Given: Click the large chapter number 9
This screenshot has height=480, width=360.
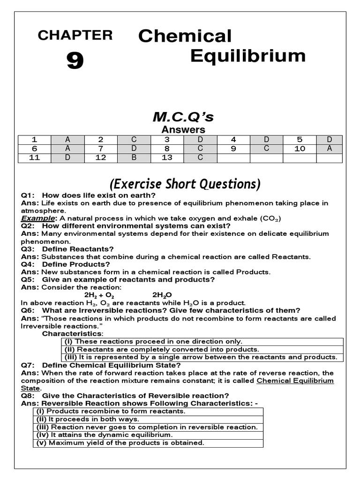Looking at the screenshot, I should click(75, 61).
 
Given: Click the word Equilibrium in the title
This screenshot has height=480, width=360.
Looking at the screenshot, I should click(247, 56).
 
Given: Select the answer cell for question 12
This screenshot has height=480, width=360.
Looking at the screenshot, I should click(134, 158).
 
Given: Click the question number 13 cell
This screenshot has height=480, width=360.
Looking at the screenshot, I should click(167, 158).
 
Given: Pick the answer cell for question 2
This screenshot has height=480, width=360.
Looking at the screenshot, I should click(134, 140).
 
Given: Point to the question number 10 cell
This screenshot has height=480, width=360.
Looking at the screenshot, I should click(300, 149).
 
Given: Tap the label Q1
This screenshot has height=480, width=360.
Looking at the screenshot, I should click(28, 195).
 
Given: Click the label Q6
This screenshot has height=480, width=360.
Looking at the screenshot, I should click(28, 310).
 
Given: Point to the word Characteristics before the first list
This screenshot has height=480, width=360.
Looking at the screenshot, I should click(72, 333).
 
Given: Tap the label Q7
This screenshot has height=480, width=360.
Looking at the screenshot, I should click(28, 365).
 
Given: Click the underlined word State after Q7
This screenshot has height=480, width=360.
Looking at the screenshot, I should click(30, 388).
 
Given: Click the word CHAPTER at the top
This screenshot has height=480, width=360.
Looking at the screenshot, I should click(75, 35).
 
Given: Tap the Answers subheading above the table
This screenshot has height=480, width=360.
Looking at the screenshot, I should click(183, 130).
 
